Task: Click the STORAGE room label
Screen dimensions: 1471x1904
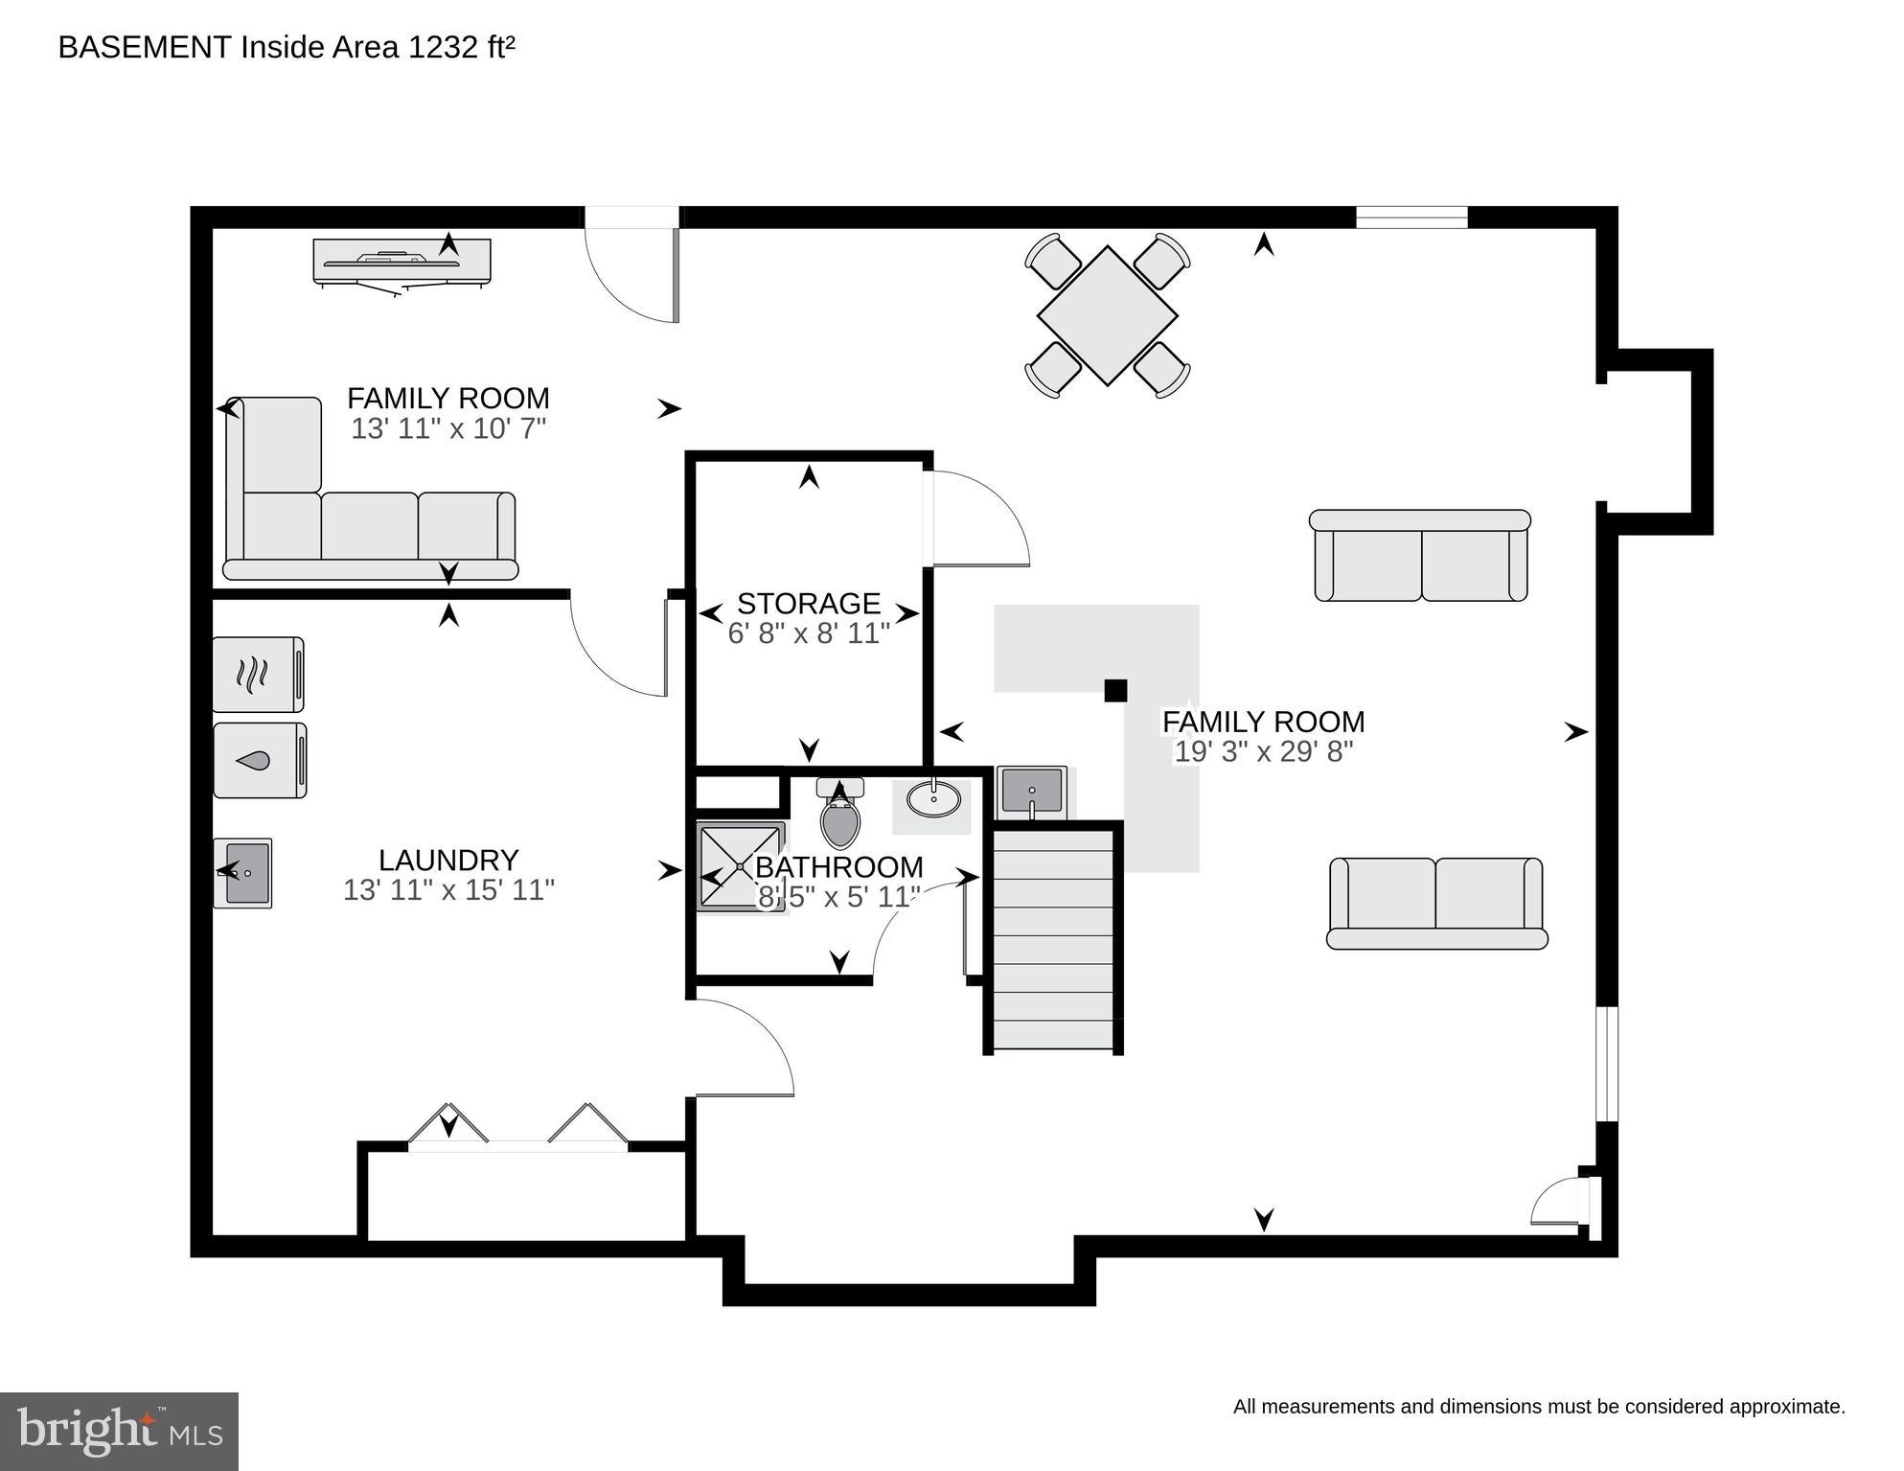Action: click(x=808, y=603)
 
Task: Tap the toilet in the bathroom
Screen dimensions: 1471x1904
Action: click(x=840, y=817)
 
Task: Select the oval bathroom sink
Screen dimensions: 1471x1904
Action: click(x=933, y=798)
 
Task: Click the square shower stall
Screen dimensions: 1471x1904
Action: click(x=740, y=866)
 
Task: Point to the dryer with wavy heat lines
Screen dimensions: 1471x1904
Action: click(x=257, y=675)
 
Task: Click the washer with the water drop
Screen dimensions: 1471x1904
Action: click(x=258, y=761)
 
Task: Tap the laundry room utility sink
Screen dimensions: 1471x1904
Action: click(x=243, y=873)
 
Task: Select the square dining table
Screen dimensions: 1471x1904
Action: click(x=1107, y=315)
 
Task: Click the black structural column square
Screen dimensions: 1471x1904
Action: click(x=1115, y=690)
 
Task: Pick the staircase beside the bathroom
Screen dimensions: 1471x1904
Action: click(x=1053, y=939)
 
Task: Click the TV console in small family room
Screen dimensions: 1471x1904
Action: click(x=401, y=262)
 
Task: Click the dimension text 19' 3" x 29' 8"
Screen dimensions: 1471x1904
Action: click(x=1263, y=752)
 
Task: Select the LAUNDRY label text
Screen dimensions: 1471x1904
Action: click(x=448, y=860)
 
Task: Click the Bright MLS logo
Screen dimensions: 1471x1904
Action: click(x=119, y=1431)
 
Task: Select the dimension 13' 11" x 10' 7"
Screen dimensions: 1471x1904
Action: click(x=448, y=428)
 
